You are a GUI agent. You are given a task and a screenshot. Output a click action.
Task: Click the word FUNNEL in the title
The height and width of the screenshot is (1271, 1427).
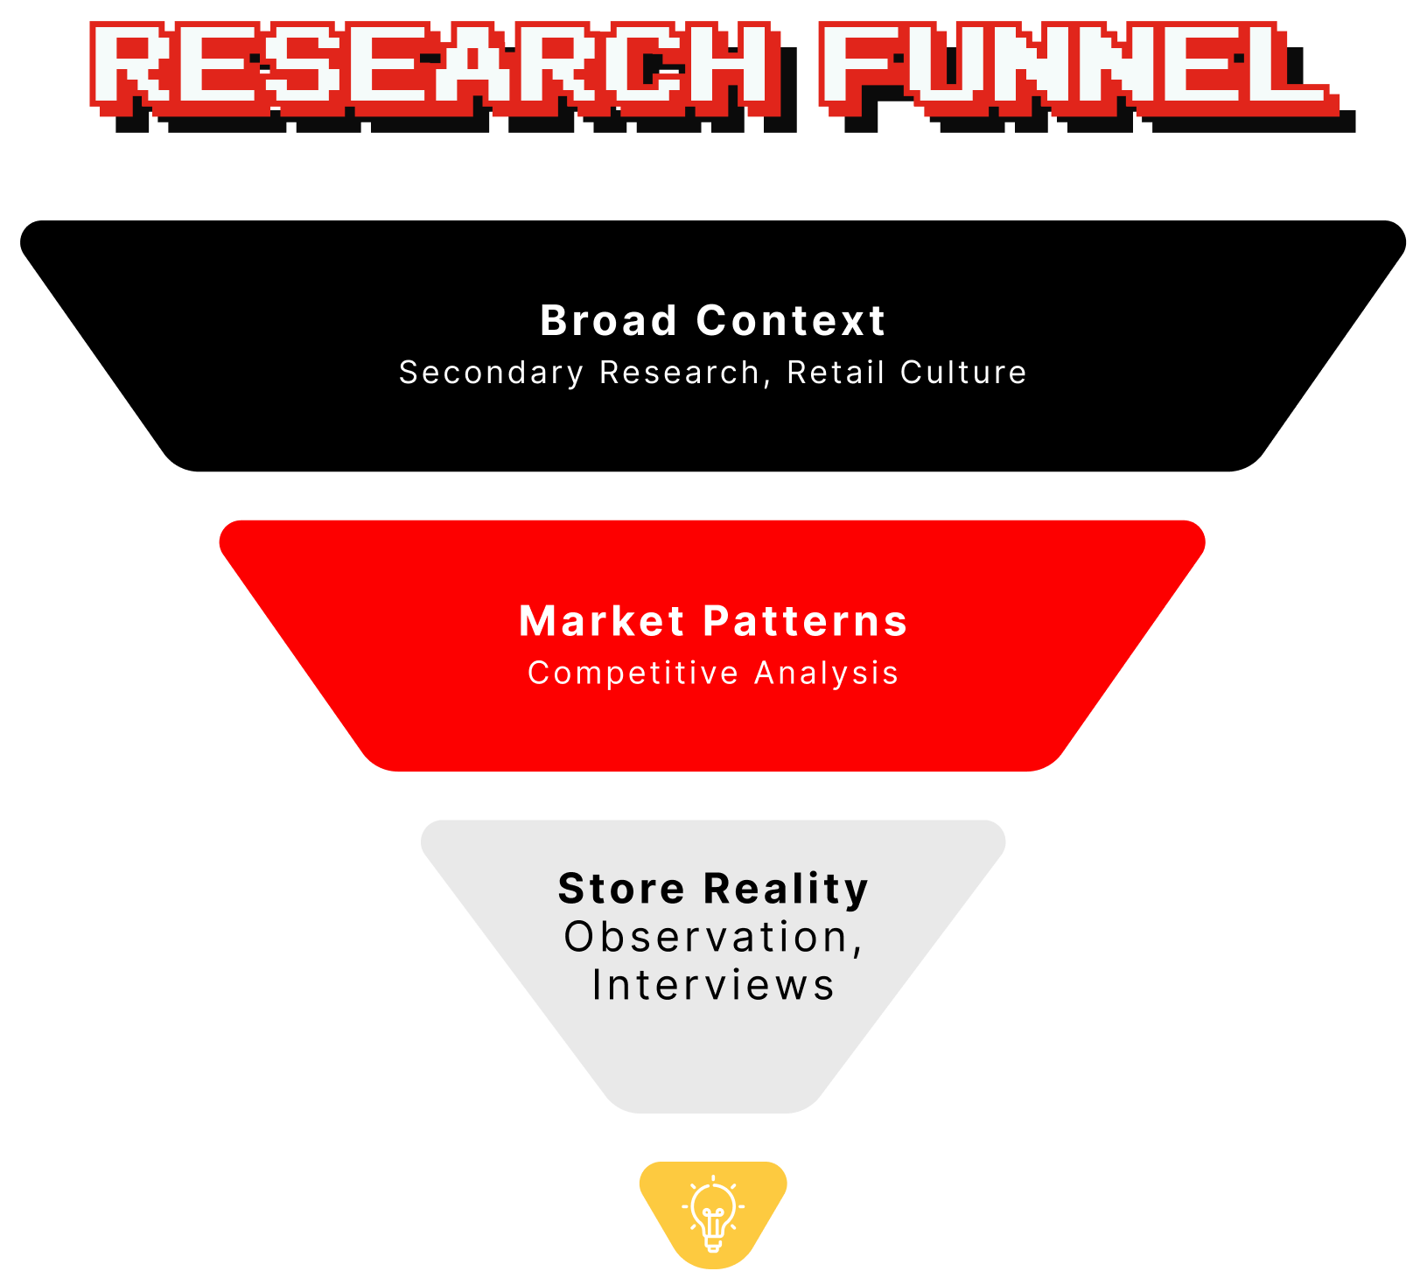pos(1074,66)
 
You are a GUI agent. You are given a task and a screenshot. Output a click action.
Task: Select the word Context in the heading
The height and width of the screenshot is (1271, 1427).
pos(791,321)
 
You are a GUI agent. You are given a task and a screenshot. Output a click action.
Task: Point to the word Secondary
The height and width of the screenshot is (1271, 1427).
pos(492,373)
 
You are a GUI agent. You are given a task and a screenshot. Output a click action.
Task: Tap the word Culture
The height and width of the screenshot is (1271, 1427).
pos(963,373)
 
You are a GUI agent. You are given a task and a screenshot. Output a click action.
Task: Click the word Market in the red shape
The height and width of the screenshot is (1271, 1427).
pos(602,622)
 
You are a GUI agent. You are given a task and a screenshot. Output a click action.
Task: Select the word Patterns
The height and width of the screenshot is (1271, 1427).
pos(806,622)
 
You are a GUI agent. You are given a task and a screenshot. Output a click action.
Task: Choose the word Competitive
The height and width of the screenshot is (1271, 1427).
pos(633,674)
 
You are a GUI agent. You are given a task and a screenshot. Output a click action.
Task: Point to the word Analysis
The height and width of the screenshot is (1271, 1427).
pos(827,674)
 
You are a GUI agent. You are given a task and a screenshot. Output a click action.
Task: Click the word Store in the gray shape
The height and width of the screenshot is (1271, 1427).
pos(621,889)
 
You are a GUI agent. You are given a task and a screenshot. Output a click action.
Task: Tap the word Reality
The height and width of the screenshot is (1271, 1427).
pos(787,890)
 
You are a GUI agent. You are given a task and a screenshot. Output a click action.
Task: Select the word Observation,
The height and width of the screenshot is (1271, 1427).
pos(714,938)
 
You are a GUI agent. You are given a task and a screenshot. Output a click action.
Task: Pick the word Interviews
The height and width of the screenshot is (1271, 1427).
pos(714,985)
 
